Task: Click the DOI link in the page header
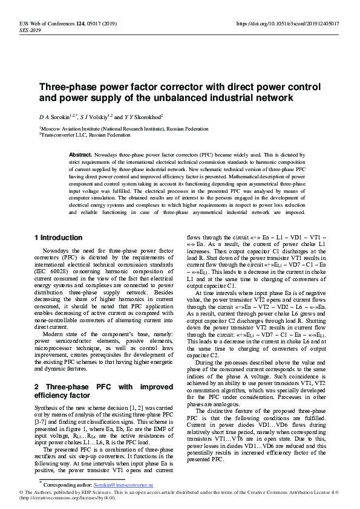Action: pos(287,24)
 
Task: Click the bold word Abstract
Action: pos(80,155)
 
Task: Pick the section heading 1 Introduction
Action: pos(58,238)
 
